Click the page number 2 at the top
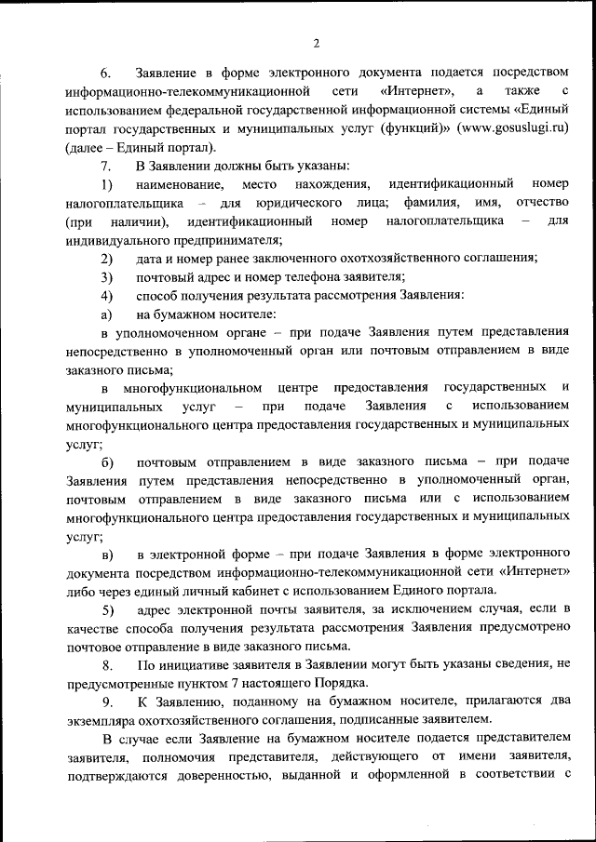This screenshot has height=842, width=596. pyautogui.click(x=317, y=43)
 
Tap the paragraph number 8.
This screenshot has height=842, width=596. pyautogui.click(x=107, y=664)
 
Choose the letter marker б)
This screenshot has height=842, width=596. pyautogui.click(x=107, y=461)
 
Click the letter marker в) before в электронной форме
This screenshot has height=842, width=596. pyautogui.click(x=107, y=555)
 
